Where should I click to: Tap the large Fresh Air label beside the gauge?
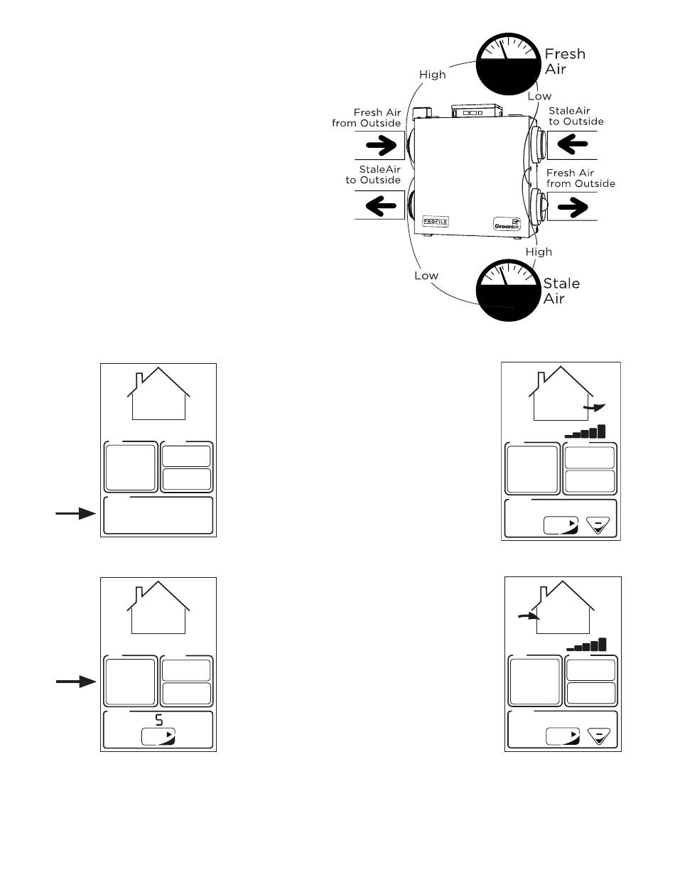565,60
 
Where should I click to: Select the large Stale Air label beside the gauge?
561,291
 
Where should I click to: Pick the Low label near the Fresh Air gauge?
540,96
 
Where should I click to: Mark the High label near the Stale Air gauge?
538,252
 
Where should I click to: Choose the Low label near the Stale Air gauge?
426,276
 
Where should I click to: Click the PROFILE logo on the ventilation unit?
436,220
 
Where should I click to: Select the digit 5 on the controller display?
158,720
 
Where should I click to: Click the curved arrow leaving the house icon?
595,407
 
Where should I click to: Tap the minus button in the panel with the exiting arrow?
599,526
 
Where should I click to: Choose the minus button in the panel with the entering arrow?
600,736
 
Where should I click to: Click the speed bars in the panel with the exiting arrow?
585,431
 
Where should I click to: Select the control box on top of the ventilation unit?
477,111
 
